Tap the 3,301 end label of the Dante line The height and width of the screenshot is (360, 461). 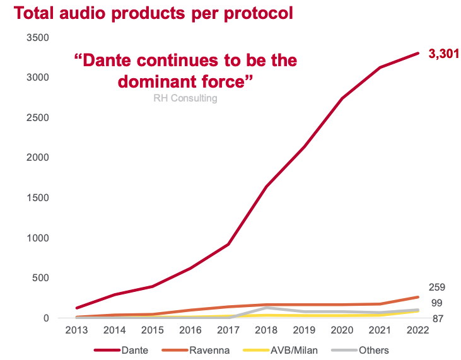pyautogui.click(x=443, y=54)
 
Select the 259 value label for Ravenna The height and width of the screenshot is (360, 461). pyautogui.click(x=436, y=287)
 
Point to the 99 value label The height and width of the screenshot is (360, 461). pyautogui.click(x=436, y=303)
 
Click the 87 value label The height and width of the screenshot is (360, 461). pyautogui.click(x=436, y=319)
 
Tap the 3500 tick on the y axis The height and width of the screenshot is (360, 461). pyautogui.click(x=37, y=38)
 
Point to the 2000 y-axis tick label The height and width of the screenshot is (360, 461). pyautogui.click(x=37, y=158)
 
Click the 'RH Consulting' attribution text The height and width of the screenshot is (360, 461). pyautogui.click(x=185, y=98)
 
